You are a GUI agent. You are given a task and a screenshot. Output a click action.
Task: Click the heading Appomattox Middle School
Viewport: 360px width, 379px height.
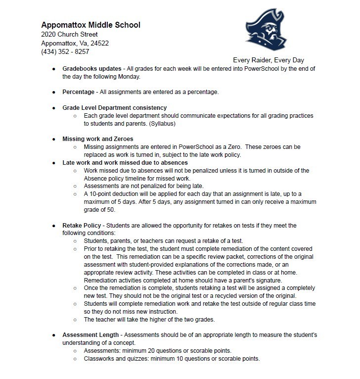click(91, 25)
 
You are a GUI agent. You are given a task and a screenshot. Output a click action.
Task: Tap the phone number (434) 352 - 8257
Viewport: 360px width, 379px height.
click(66, 52)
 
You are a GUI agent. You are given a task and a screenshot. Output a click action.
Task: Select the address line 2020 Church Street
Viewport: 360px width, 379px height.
click(70, 34)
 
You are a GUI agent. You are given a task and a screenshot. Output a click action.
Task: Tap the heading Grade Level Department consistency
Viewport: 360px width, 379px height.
click(114, 107)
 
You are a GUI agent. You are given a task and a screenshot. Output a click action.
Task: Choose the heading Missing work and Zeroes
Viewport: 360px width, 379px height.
click(98, 139)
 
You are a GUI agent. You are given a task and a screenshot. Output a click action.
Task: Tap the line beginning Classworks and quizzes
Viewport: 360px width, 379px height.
click(172, 359)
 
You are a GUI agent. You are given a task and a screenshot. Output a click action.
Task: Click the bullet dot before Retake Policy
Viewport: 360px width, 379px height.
click(54, 226)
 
